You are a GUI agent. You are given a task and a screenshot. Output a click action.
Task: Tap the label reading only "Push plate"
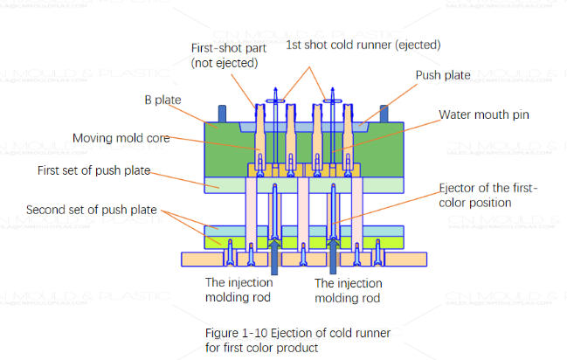click(441, 76)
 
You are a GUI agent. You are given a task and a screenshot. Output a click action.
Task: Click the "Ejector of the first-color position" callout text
click(489, 196)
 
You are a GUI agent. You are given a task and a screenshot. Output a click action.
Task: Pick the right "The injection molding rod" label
click(349, 291)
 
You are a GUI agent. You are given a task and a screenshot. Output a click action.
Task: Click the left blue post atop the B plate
click(221, 114)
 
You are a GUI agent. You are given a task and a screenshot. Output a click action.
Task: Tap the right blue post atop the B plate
click(388, 114)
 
